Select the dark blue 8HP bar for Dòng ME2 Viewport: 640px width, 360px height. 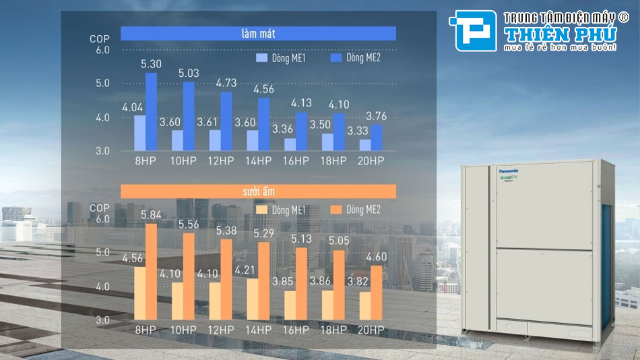click(x=151, y=112)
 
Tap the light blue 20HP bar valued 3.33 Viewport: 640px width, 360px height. click(x=364, y=145)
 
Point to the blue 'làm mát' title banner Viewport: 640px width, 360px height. click(x=258, y=34)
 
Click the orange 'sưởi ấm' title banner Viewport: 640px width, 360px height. click(x=258, y=192)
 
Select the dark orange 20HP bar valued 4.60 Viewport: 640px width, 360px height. click(x=376, y=292)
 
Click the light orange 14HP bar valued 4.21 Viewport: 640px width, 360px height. click(x=252, y=299)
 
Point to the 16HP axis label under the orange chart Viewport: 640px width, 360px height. click(x=296, y=330)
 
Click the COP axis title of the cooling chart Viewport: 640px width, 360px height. click(x=99, y=39)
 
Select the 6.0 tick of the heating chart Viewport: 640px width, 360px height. click(x=102, y=219)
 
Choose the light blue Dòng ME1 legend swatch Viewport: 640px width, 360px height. click(x=261, y=59)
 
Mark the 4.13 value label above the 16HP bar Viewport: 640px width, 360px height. click(x=301, y=103)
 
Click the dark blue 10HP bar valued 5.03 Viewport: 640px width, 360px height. click(x=189, y=117)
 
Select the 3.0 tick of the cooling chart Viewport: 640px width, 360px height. click(x=102, y=151)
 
